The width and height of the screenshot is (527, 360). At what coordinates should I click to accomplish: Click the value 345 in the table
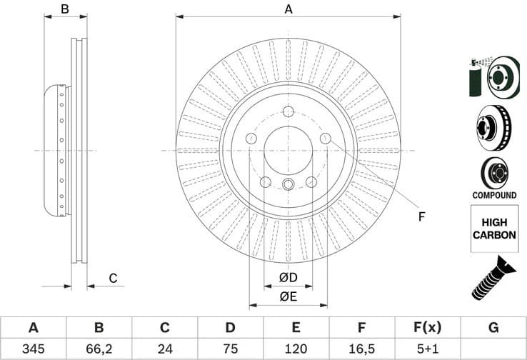[33, 349]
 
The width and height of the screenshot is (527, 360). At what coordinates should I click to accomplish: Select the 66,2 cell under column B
[99, 349]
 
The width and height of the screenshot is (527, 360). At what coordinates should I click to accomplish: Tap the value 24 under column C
[164, 349]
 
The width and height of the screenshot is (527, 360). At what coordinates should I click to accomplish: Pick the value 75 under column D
[230, 349]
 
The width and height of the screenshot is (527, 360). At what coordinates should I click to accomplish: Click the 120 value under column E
[296, 349]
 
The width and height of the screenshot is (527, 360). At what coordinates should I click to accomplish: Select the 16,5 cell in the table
[361, 349]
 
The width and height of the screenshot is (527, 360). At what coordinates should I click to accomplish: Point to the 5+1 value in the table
[427, 349]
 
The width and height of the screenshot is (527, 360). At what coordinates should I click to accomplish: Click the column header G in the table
[493, 328]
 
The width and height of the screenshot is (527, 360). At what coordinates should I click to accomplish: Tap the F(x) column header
[427, 328]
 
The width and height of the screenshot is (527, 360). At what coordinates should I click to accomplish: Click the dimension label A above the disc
[288, 9]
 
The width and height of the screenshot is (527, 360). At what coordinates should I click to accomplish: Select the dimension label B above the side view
[64, 9]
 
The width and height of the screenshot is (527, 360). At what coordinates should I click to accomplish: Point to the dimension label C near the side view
[112, 279]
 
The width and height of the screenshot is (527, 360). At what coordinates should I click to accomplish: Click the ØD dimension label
[288, 277]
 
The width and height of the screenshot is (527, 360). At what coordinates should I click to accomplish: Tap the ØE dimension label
[288, 297]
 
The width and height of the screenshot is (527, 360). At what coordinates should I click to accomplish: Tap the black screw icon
[493, 279]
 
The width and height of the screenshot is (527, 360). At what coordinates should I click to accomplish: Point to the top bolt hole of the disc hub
[288, 111]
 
